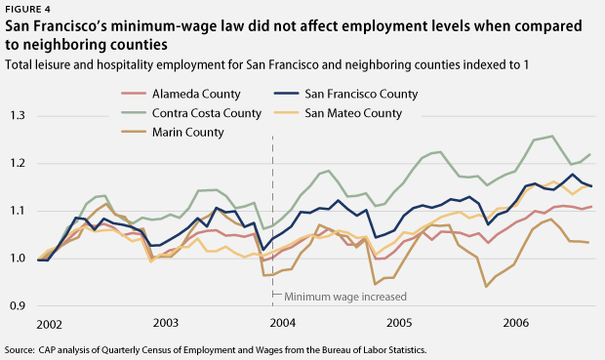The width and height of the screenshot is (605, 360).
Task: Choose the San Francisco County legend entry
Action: (360, 95)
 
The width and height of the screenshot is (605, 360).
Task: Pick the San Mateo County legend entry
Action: (352, 113)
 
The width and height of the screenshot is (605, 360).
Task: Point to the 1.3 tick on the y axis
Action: (19, 116)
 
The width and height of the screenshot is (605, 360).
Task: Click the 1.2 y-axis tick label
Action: (19, 164)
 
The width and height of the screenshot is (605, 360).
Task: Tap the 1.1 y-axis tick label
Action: (19, 211)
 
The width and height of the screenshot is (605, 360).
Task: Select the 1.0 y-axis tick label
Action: (19, 259)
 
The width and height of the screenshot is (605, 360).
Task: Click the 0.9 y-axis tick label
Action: (19, 305)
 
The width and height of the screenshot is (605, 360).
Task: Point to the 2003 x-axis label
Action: (166, 322)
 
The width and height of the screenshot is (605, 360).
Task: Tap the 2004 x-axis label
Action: (283, 322)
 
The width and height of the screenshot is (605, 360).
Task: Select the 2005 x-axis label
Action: (399, 322)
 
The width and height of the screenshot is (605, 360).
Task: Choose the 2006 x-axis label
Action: (516, 322)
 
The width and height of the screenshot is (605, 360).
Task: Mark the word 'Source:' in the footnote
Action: (21, 348)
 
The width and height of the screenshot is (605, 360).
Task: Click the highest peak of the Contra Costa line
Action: (552, 137)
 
